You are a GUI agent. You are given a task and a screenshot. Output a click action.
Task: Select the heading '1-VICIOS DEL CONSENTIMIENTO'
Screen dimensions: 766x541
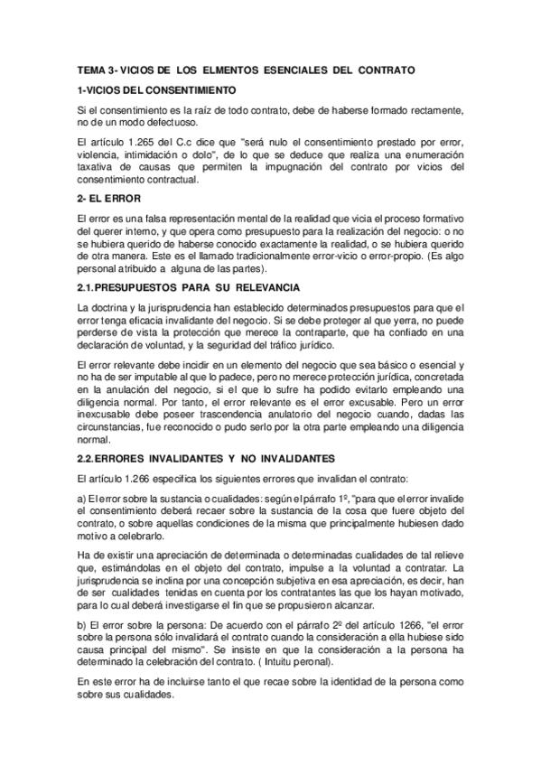pyautogui.click(x=157, y=91)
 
